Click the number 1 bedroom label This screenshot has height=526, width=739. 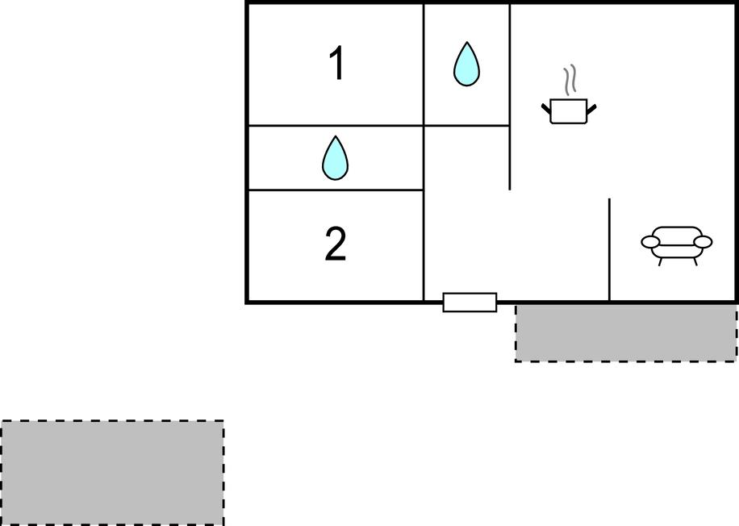(x=337, y=64)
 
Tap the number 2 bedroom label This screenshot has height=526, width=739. (x=336, y=244)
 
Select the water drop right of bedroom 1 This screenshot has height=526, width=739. (x=466, y=64)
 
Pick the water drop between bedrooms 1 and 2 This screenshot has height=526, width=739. (x=335, y=158)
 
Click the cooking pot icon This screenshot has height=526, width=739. (x=569, y=111)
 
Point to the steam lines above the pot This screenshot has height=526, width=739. (x=570, y=80)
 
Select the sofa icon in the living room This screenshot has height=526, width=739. (x=676, y=245)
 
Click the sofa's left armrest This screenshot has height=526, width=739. (x=650, y=242)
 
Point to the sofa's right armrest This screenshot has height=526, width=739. (x=704, y=242)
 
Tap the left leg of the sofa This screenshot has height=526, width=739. (x=661, y=261)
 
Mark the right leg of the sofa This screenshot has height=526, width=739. (x=694, y=261)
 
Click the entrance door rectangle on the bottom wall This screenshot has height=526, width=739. (x=470, y=302)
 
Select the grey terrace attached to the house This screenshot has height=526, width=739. (x=626, y=333)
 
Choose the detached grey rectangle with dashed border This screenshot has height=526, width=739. (x=112, y=472)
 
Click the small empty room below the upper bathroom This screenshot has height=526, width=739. (x=466, y=158)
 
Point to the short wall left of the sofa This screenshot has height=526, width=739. (x=609, y=249)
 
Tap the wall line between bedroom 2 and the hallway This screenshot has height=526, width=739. (x=424, y=245)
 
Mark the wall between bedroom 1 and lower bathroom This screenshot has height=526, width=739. (x=336, y=125)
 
